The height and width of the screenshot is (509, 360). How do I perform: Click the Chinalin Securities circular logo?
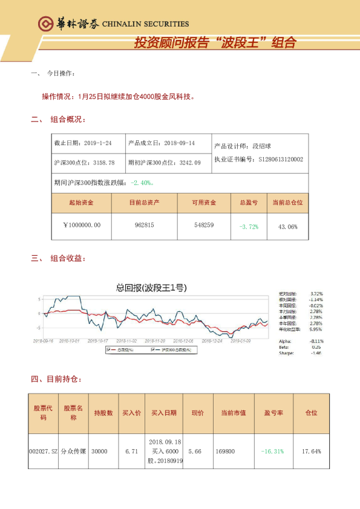[45, 24]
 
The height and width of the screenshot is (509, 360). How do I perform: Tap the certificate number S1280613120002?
[281, 160]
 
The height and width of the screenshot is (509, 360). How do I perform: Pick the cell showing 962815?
[145, 225]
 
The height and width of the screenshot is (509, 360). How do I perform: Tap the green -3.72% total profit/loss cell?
[249, 226]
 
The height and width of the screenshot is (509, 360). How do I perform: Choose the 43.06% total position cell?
[287, 226]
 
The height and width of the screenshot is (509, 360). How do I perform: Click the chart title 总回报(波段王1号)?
[150, 288]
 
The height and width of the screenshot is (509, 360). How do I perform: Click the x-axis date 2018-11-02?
[126, 340]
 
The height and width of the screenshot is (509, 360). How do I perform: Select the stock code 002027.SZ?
[43, 451]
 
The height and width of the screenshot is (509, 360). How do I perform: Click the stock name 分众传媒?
[73, 451]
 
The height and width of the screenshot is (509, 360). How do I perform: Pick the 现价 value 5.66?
[195, 451]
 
